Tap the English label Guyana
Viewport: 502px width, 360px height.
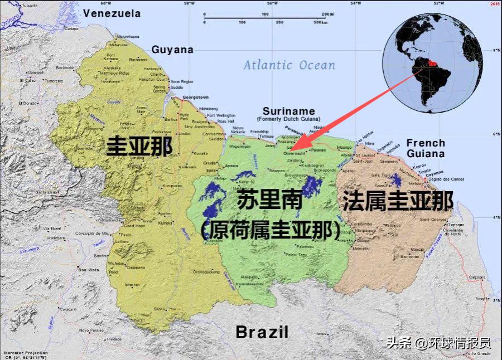[x=172, y=50]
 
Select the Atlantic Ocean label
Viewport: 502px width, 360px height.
[x=289, y=65]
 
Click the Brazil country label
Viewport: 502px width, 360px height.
[x=262, y=332]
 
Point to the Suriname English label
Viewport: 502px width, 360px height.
[x=289, y=111]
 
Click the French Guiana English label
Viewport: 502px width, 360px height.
[x=426, y=148]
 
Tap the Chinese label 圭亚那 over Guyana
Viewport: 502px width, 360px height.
[x=139, y=147]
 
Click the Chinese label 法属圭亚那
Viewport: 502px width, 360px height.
[x=397, y=201]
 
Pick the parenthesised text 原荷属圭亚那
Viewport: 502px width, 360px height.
[x=271, y=230]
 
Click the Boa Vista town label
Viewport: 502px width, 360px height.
[x=89, y=270]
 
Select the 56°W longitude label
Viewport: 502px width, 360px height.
[x=272, y=3]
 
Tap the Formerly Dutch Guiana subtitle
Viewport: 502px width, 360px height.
[x=289, y=119]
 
